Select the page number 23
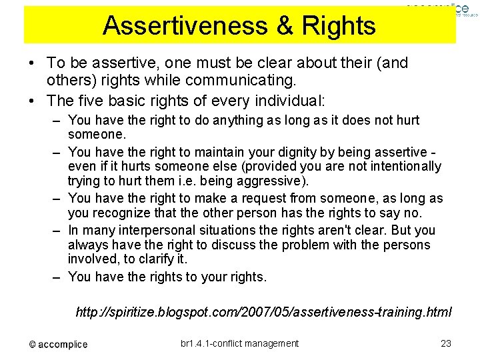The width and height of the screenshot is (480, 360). pyautogui.click(x=446, y=343)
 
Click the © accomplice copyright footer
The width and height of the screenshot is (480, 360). pyautogui.click(x=58, y=344)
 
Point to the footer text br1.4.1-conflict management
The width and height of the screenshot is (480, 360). pyautogui.click(x=240, y=343)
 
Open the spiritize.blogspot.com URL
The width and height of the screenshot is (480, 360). pyautogui.click(x=264, y=311)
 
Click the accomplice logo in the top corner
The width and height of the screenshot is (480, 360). pyautogui.click(x=435, y=8)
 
